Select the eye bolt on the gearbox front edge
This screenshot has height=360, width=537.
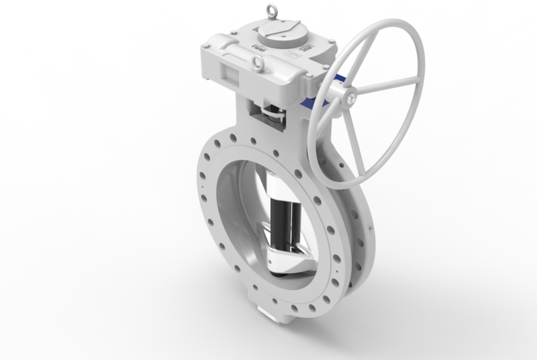click(x=257, y=64)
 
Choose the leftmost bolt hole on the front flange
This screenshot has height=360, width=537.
click(x=200, y=180)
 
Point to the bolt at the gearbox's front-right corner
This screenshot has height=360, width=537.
click(x=306, y=83)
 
